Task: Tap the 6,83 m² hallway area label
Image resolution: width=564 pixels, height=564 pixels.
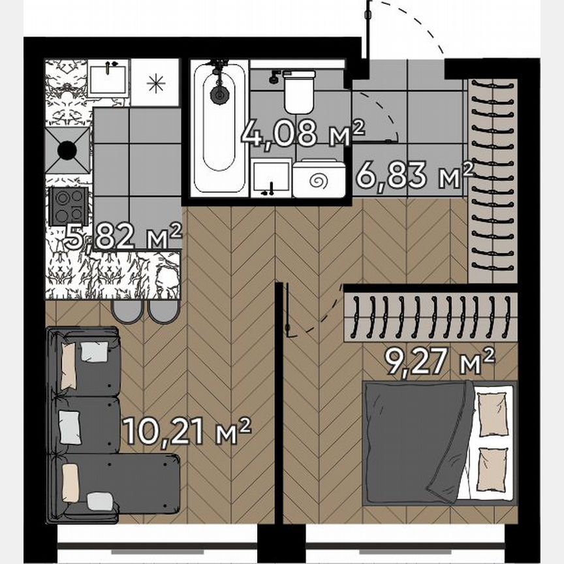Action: pos(415,175)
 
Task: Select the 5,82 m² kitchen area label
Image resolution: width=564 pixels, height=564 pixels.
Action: pos(123,237)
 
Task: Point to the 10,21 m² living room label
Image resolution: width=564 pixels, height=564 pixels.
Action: pos(187,431)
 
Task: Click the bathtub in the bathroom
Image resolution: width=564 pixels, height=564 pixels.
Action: pos(219,127)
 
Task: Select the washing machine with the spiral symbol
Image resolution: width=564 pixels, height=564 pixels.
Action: pos(319,178)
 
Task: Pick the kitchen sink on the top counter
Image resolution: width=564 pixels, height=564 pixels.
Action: pos(108,78)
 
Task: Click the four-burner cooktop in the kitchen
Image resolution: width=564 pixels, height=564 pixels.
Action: pos(69,206)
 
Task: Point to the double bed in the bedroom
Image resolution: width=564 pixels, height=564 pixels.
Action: pos(437,444)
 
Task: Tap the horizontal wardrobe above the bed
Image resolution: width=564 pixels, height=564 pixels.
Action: pos(431,315)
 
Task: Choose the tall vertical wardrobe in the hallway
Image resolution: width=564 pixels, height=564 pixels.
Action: pos(492,180)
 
